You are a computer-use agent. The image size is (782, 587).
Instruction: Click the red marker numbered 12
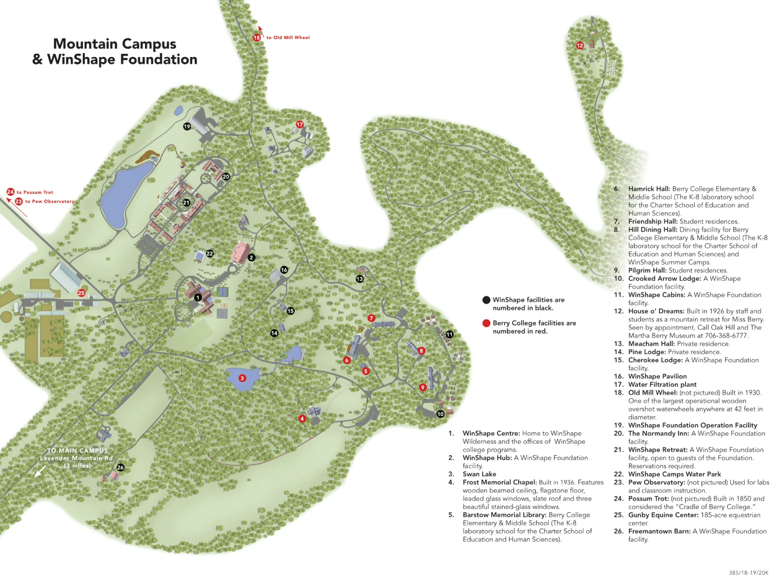580,46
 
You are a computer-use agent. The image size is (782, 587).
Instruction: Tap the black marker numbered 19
187,126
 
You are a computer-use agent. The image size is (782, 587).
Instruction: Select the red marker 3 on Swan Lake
242,378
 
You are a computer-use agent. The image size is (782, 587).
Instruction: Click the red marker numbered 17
300,124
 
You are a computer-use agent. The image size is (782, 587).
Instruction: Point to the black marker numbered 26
121,468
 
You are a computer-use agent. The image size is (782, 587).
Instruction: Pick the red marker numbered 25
81,293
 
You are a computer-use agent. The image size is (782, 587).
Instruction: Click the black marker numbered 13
360,279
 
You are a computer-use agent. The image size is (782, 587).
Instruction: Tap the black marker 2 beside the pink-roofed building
251,258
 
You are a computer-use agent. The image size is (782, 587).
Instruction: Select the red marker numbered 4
302,419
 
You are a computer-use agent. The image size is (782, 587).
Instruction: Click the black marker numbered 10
440,414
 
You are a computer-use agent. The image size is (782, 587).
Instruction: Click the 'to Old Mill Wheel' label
288,38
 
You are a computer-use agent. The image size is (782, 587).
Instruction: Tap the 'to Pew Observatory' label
50,201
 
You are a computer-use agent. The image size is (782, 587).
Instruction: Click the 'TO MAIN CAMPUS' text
77,450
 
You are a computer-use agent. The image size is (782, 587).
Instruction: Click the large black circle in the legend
486,300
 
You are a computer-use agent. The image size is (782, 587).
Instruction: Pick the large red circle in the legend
486,323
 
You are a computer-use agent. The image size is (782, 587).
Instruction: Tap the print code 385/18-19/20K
749,573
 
